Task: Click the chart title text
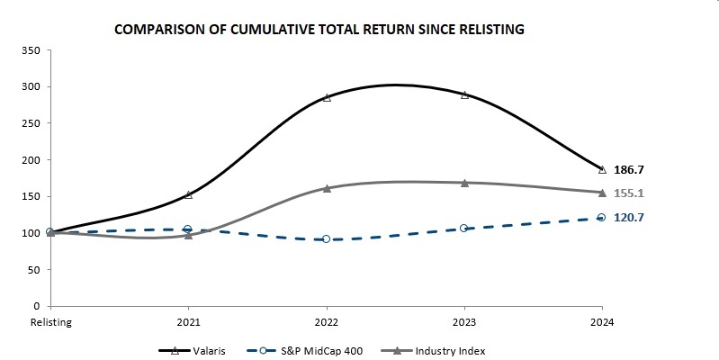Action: [319, 30]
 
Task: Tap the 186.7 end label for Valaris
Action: [628, 169]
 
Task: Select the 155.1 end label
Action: [628, 193]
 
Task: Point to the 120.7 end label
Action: [628, 218]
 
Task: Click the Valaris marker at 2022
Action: [327, 97]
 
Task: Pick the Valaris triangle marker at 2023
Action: [464, 94]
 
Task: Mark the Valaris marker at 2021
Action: [188, 194]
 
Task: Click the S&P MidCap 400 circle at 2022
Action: [326, 239]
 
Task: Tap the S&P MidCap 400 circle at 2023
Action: [464, 229]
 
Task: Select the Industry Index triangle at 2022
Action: [327, 188]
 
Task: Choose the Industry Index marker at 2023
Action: [464, 183]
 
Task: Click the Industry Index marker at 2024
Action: [602, 193]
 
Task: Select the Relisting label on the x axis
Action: [50, 321]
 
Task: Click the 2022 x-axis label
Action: [326, 321]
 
